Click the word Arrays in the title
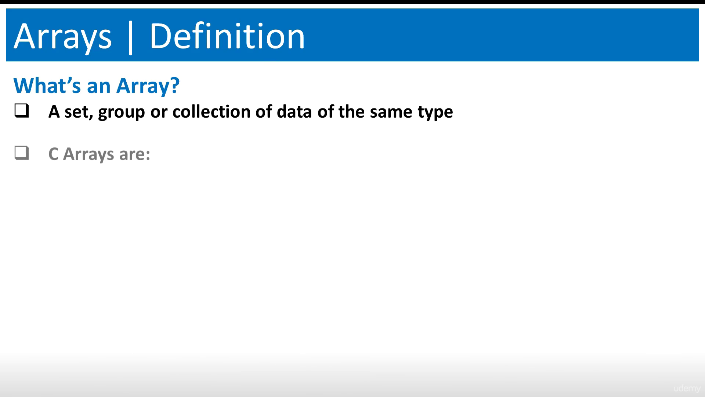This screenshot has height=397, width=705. click(63, 37)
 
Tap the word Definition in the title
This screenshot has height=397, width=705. click(227, 36)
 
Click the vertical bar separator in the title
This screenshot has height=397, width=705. click(130, 37)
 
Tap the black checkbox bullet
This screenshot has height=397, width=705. click(22, 111)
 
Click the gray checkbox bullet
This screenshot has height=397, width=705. click(22, 153)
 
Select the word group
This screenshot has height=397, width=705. click(122, 113)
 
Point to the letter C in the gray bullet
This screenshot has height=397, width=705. click(54, 154)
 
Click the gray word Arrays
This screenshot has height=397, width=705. click(88, 155)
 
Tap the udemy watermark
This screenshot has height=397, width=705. click(687, 389)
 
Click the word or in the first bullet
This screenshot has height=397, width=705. click(159, 113)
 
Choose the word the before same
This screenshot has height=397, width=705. click(352, 111)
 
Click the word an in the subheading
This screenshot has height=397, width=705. click(98, 87)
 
